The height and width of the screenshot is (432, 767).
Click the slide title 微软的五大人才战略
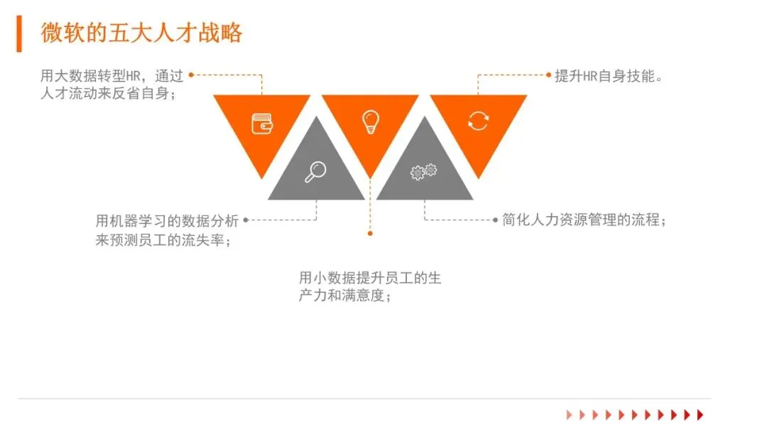(141, 33)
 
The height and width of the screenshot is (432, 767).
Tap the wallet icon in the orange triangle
(262, 124)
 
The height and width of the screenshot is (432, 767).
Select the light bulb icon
(370, 121)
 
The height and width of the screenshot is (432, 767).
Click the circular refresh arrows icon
(478, 121)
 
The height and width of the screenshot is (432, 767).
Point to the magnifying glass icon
(315, 172)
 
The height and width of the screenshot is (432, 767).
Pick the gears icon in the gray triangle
(424, 171)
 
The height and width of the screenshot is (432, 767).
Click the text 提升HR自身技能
(609, 76)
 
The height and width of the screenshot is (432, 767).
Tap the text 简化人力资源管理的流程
(584, 220)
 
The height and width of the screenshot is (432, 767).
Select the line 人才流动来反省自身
(108, 93)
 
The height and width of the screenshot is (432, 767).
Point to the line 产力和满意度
(345, 296)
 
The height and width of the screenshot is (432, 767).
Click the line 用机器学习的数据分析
(167, 220)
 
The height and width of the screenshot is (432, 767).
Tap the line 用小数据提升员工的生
(370, 278)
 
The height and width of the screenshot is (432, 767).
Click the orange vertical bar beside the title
(19, 34)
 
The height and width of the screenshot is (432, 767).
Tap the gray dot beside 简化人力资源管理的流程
(496, 220)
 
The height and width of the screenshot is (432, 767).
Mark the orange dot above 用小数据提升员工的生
(370, 232)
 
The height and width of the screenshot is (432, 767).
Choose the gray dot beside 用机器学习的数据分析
(246, 220)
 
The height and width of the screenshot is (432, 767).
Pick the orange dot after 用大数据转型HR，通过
(191, 74)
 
